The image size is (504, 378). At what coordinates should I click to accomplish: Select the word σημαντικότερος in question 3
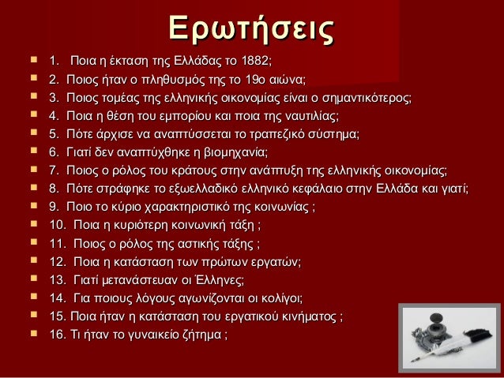click(x=364, y=98)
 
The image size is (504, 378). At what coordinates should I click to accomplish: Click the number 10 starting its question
click(x=57, y=226)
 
